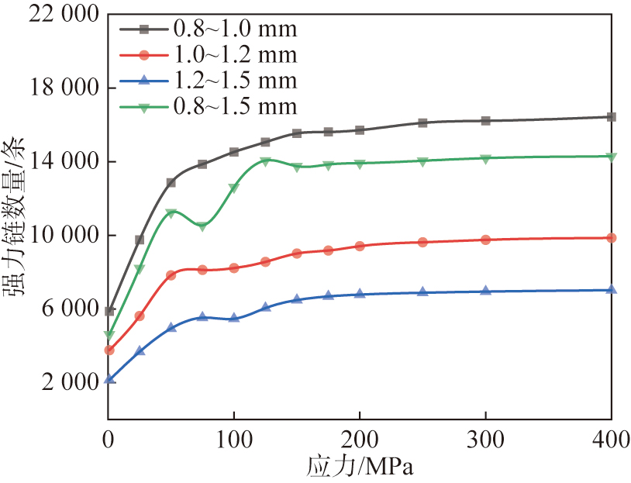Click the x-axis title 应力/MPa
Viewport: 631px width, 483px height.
click(359, 467)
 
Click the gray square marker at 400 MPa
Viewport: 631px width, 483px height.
click(611, 117)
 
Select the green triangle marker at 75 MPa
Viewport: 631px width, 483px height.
click(202, 226)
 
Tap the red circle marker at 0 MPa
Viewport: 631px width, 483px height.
click(109, 350)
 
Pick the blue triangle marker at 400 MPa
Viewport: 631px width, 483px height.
click(611, 289)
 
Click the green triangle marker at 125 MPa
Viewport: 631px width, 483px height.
click(265, 161)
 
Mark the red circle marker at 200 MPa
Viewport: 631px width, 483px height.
click(360, 246)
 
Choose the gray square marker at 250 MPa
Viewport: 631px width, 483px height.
click(422, 122)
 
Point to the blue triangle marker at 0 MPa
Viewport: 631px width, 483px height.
click(109, 379)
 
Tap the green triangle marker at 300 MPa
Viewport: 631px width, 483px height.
click(485, 159)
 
